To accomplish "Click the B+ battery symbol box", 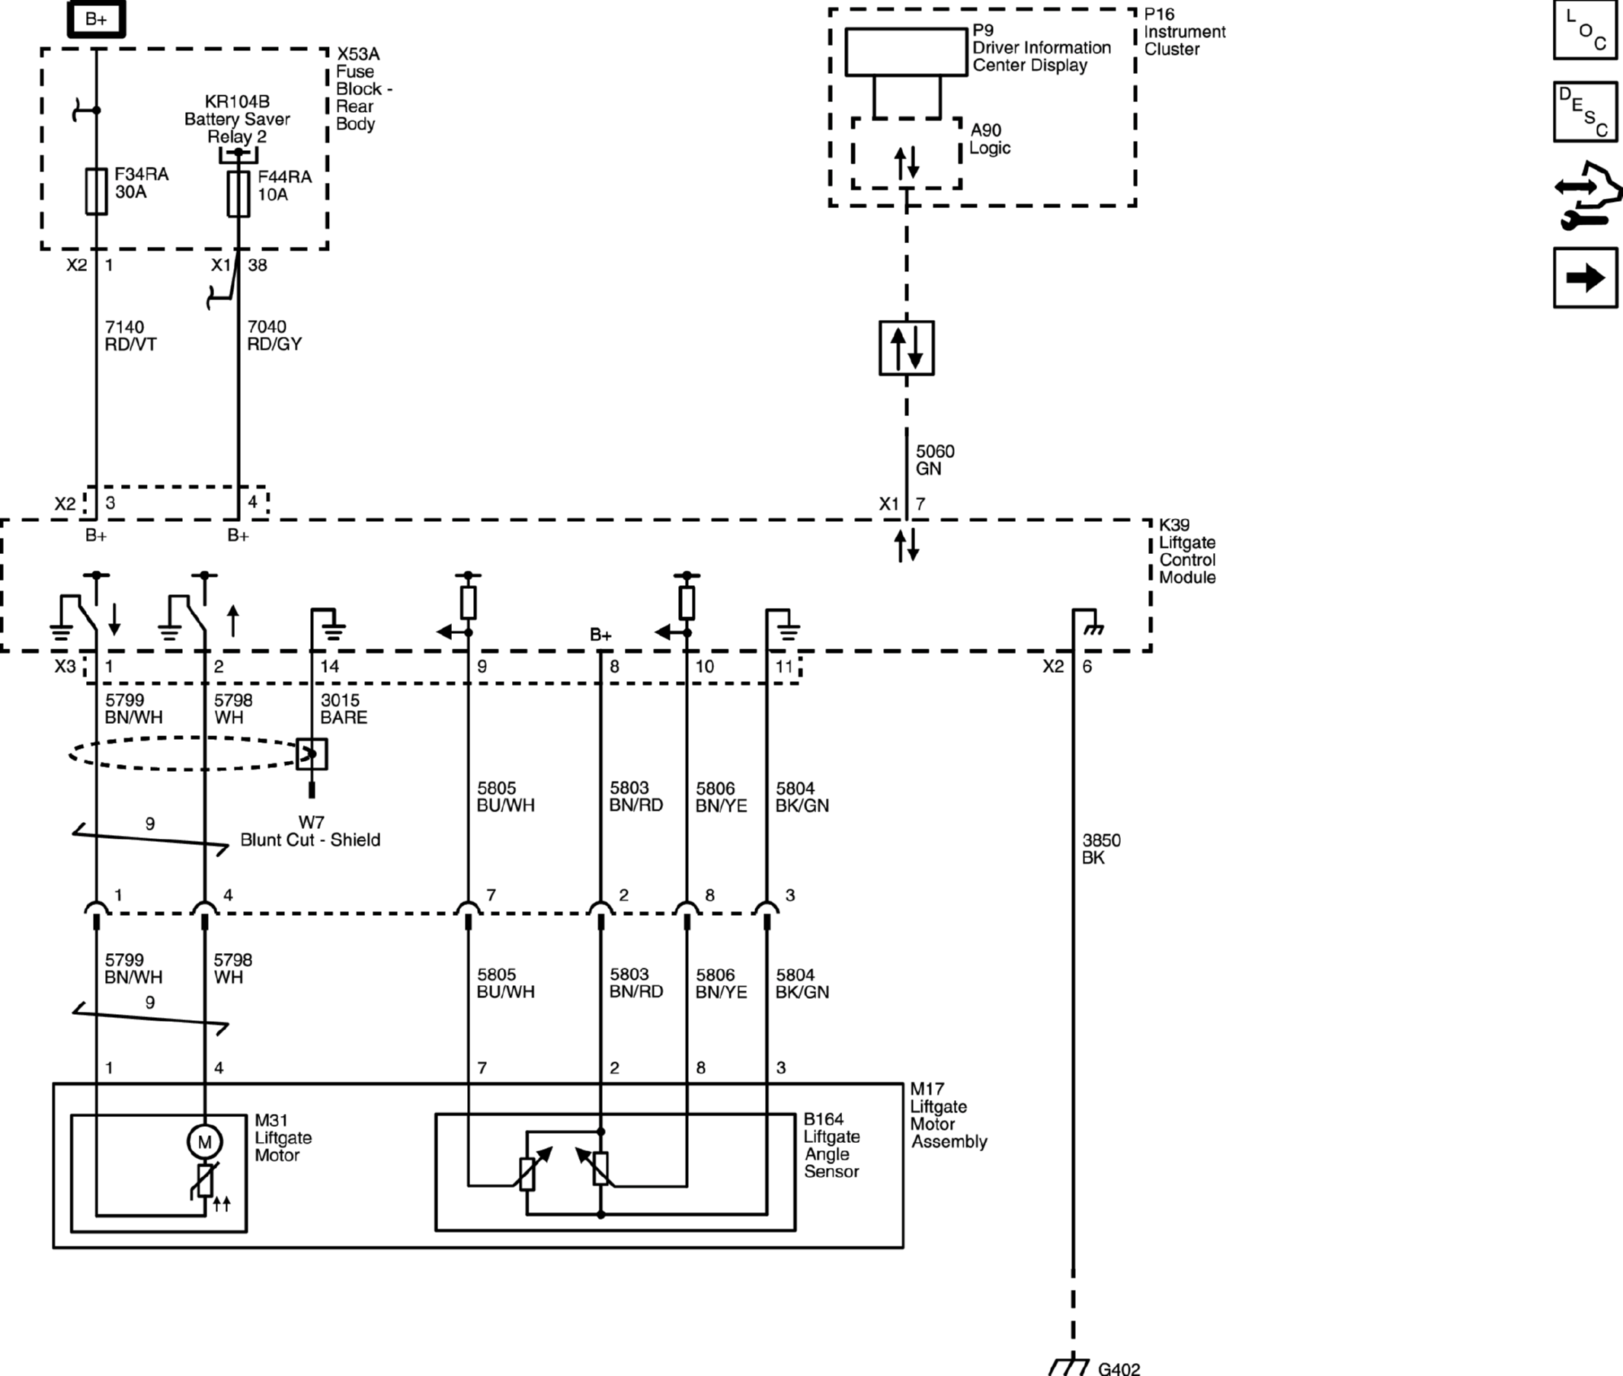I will point(96,20).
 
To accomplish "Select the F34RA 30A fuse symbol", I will point(96,191).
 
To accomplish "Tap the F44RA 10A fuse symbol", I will point(238,194).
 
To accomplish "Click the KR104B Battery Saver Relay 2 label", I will point(237,119).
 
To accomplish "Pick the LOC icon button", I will point(1585,30).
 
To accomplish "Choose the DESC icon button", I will point(1585,111).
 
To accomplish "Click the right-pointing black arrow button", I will point(1585,277).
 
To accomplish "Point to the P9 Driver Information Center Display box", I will point(905,53).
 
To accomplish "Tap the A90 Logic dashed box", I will point(906,154).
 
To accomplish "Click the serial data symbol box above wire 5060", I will point(906,348).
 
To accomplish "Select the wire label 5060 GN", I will point(933,460).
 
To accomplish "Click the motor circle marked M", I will point(204,1143).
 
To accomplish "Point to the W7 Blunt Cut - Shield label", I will point(309,831).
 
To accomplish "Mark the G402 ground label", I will point(1119,1368).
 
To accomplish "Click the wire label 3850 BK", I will point(1100,849).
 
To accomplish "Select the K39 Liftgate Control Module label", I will point(1186,551).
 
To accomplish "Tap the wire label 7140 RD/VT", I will point(130,335).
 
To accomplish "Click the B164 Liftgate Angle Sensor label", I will point(831,1145).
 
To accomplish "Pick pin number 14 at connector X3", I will point(329,667).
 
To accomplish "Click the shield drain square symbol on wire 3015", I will point(311,754).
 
